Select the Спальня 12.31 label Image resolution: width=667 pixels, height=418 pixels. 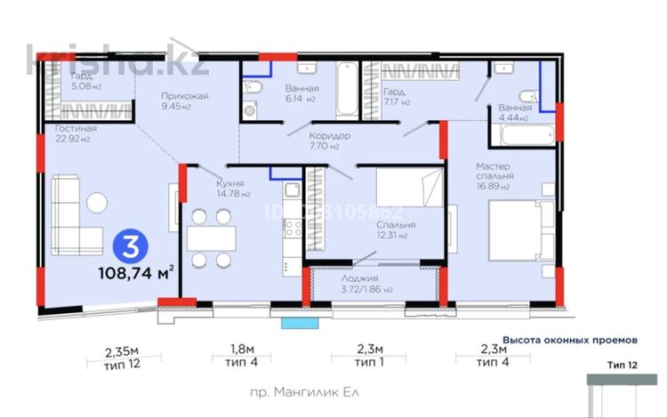point(391,230)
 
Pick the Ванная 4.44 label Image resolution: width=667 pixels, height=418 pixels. point(513,112)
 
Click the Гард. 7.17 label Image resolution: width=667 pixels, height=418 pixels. point(395,97)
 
